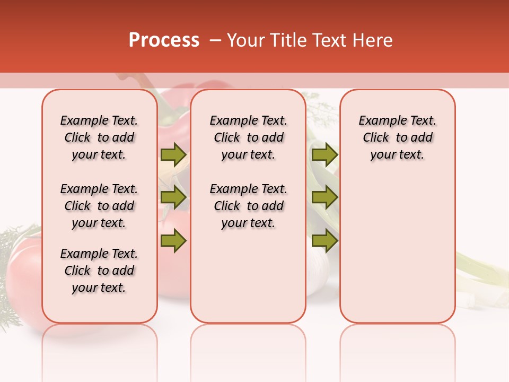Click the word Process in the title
(x=164, y=40)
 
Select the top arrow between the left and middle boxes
(x=173, y=154)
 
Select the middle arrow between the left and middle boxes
(x=173, y=197)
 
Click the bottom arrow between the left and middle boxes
(x=173, y=241)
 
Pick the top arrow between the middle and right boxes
(x=324, y=154)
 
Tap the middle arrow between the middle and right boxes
(x=324, y=197)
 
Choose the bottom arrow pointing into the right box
(x=324, y=241)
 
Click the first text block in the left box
(x=99, y=137)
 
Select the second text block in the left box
(x=99, y=206)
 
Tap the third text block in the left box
(x=99, y=271)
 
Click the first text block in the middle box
(x=248, y=137)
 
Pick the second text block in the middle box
(x=248, y=206)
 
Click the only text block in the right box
(x=397, y=137)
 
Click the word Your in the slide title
(x=244, y=40)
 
